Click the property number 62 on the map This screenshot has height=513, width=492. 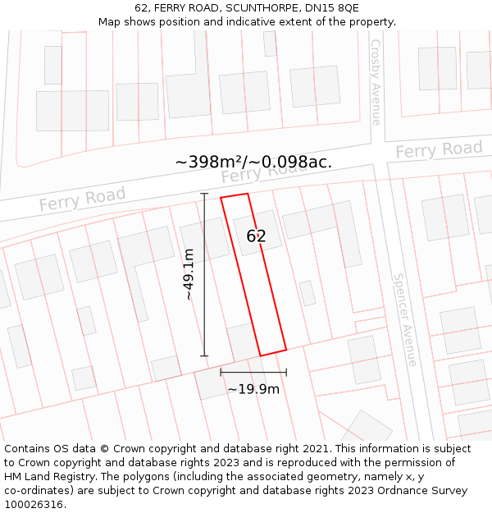256,236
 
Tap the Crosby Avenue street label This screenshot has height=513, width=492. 376,82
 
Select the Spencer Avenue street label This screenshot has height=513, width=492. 405,320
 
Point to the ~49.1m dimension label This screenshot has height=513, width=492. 189,274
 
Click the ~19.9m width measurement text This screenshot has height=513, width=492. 253,389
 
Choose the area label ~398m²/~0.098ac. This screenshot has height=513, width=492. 253,162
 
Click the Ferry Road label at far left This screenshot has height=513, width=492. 82,199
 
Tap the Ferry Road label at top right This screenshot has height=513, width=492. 439,150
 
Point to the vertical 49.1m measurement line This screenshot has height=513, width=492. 205,274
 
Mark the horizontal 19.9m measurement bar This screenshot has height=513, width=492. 253,373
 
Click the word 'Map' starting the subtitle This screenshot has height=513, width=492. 110,21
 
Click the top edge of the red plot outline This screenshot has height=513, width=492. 234,196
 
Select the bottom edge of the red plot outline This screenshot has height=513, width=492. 273,353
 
